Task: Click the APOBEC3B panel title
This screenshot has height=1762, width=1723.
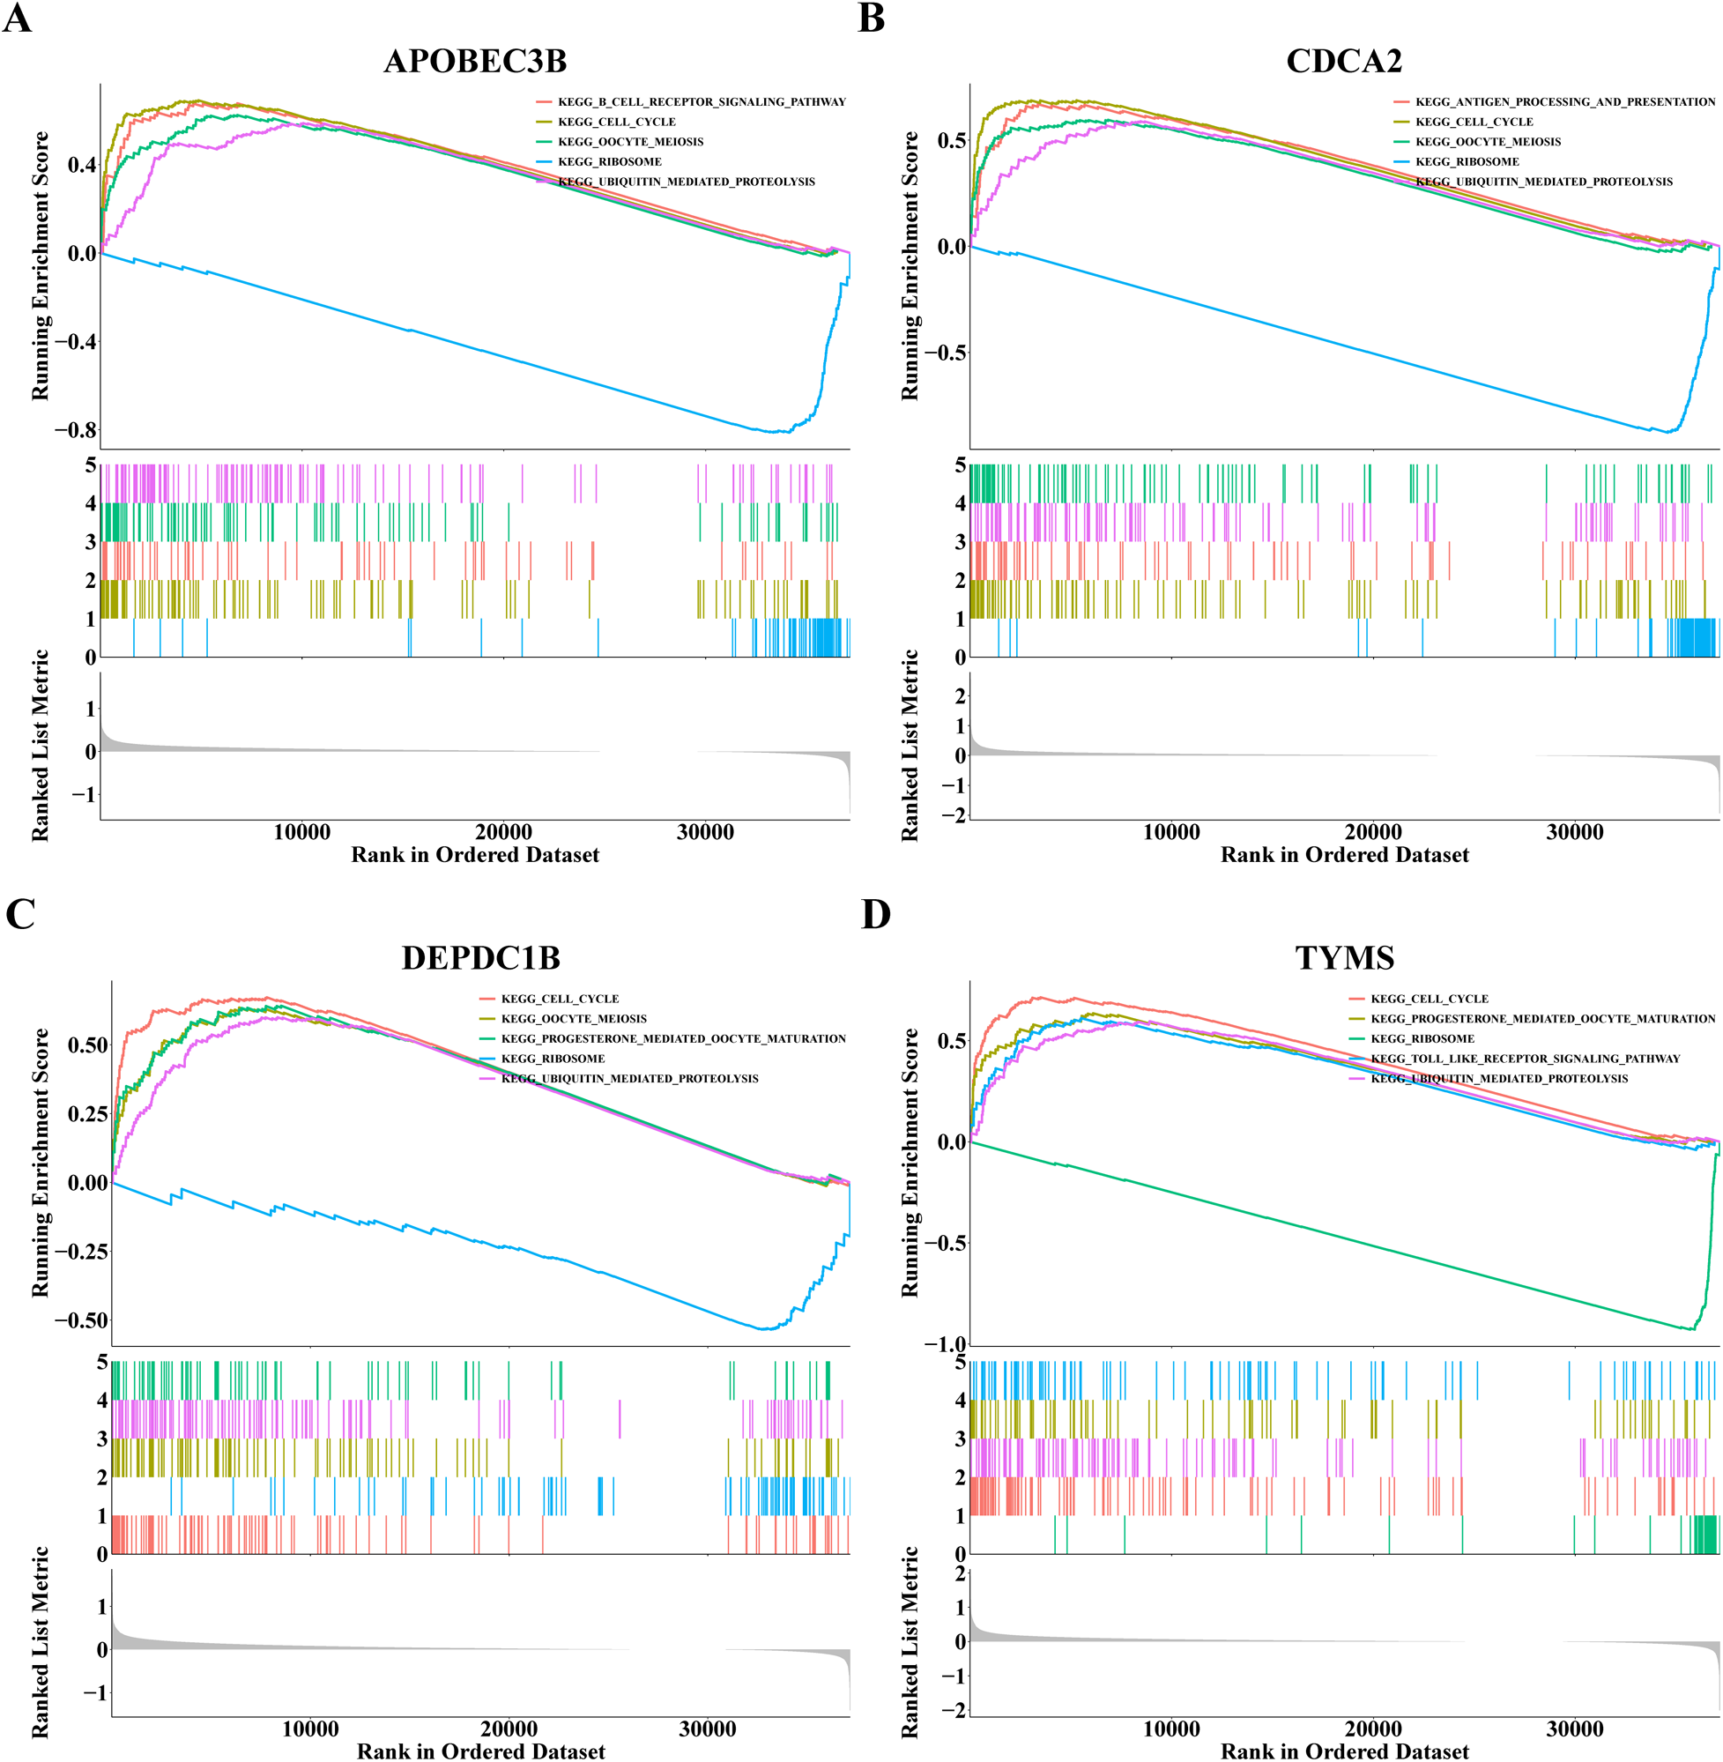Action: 475,62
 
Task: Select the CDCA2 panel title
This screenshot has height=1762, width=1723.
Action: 1344,62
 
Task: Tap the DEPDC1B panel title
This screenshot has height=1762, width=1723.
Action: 480,957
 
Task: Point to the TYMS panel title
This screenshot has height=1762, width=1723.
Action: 1344,957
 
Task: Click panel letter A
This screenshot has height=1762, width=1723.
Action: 18,19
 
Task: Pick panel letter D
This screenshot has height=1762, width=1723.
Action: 875,914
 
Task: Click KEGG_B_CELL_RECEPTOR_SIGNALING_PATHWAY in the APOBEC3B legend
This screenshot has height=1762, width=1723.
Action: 702,102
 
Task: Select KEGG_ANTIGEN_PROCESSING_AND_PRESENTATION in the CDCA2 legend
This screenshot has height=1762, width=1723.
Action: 1564,102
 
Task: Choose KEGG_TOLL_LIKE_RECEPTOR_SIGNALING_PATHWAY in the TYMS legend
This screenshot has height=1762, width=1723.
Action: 1525,1058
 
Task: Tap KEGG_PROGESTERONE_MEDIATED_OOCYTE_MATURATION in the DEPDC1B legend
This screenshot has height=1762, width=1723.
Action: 673,1038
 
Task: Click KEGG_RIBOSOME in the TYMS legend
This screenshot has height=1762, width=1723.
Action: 1422,1038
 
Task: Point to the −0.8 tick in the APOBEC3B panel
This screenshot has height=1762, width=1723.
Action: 75,430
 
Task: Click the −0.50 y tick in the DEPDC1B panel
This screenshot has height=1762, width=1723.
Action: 80,1320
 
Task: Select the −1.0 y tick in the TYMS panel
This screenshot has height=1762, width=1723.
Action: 945,1344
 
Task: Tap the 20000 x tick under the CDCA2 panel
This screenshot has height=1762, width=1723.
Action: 1373,832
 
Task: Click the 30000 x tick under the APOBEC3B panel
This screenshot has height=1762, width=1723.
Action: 705,832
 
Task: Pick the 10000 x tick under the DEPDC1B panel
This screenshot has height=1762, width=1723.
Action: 310,1729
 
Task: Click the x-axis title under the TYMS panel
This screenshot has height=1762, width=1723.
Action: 1344,1751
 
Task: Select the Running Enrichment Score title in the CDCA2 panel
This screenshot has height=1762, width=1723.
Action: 910,266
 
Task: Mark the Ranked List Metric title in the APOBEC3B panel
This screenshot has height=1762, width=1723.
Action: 41,745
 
